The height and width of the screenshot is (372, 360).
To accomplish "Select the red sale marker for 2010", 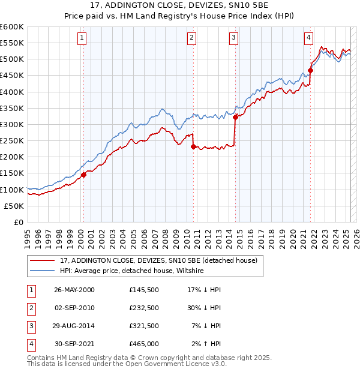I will (193, 146).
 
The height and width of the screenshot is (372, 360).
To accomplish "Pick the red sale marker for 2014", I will (236, 118).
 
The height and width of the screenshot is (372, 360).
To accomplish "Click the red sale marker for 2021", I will (311, 70).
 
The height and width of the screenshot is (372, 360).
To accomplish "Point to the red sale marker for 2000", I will (84, 175).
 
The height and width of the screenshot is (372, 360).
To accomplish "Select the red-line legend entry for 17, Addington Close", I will (158, 260).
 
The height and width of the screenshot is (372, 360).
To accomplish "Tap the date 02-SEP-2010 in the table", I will (74, 308).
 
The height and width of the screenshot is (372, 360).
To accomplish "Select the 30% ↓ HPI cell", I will (204, 308).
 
